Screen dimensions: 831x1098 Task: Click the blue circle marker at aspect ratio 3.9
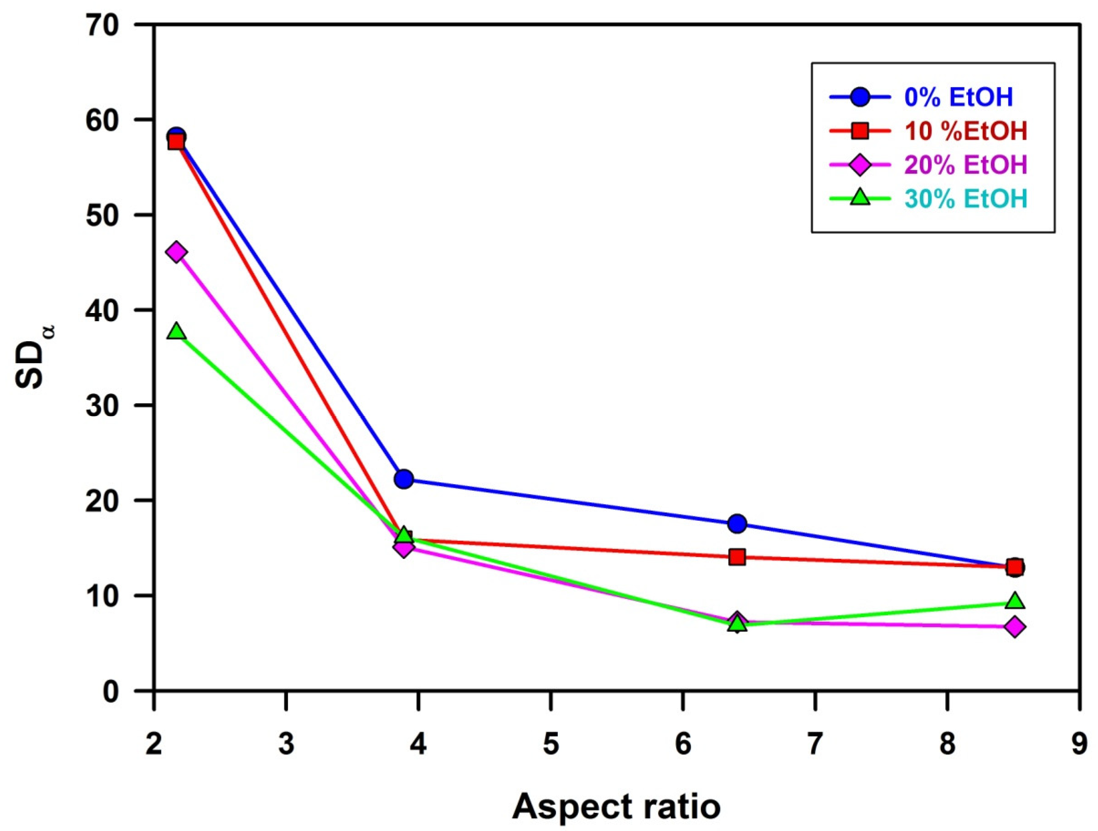404,479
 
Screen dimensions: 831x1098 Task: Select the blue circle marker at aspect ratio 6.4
737,523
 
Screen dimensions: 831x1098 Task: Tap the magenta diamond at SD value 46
177,252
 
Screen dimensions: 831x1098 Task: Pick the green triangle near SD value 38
177,331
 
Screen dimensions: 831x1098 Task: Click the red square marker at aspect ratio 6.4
737,557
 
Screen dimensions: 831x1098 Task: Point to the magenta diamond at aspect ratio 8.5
1015,627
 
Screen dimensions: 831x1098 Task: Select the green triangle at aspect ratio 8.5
1015,601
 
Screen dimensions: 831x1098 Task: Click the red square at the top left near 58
177,143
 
